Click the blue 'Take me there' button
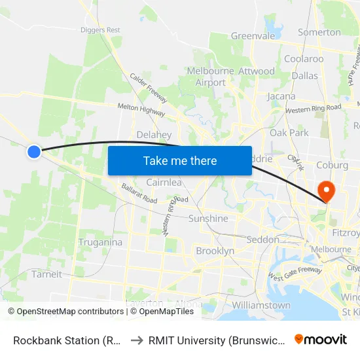(x=180, y=160)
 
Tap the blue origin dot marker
(x=34, y=151)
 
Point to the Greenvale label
(x=253, y=36)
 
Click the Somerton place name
(x=319, y=32)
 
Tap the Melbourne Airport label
(x=211, y=77)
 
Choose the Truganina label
(x=100, y=242)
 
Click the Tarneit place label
(x=46, y=274)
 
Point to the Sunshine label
(x=208, y=219)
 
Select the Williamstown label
(x=261, y=305)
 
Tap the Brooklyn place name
(x=215, y=251)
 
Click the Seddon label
(x=263, y=240)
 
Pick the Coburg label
(x=332, y=166)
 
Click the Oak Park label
(x=289, y=133)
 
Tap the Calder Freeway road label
(x=148, y=87)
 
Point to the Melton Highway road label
(x=141, y=109)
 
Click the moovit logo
(x=321, y=339)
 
